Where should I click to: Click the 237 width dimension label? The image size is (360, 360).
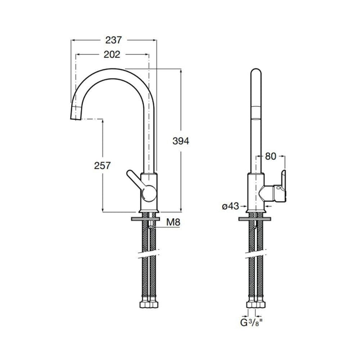pos(114,40)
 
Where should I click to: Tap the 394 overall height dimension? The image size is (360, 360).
pos(181,141)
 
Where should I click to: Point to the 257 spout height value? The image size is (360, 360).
pos(103,166)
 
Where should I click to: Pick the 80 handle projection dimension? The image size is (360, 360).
pos(270,157)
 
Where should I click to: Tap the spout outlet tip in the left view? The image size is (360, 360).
pos(75,116)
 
